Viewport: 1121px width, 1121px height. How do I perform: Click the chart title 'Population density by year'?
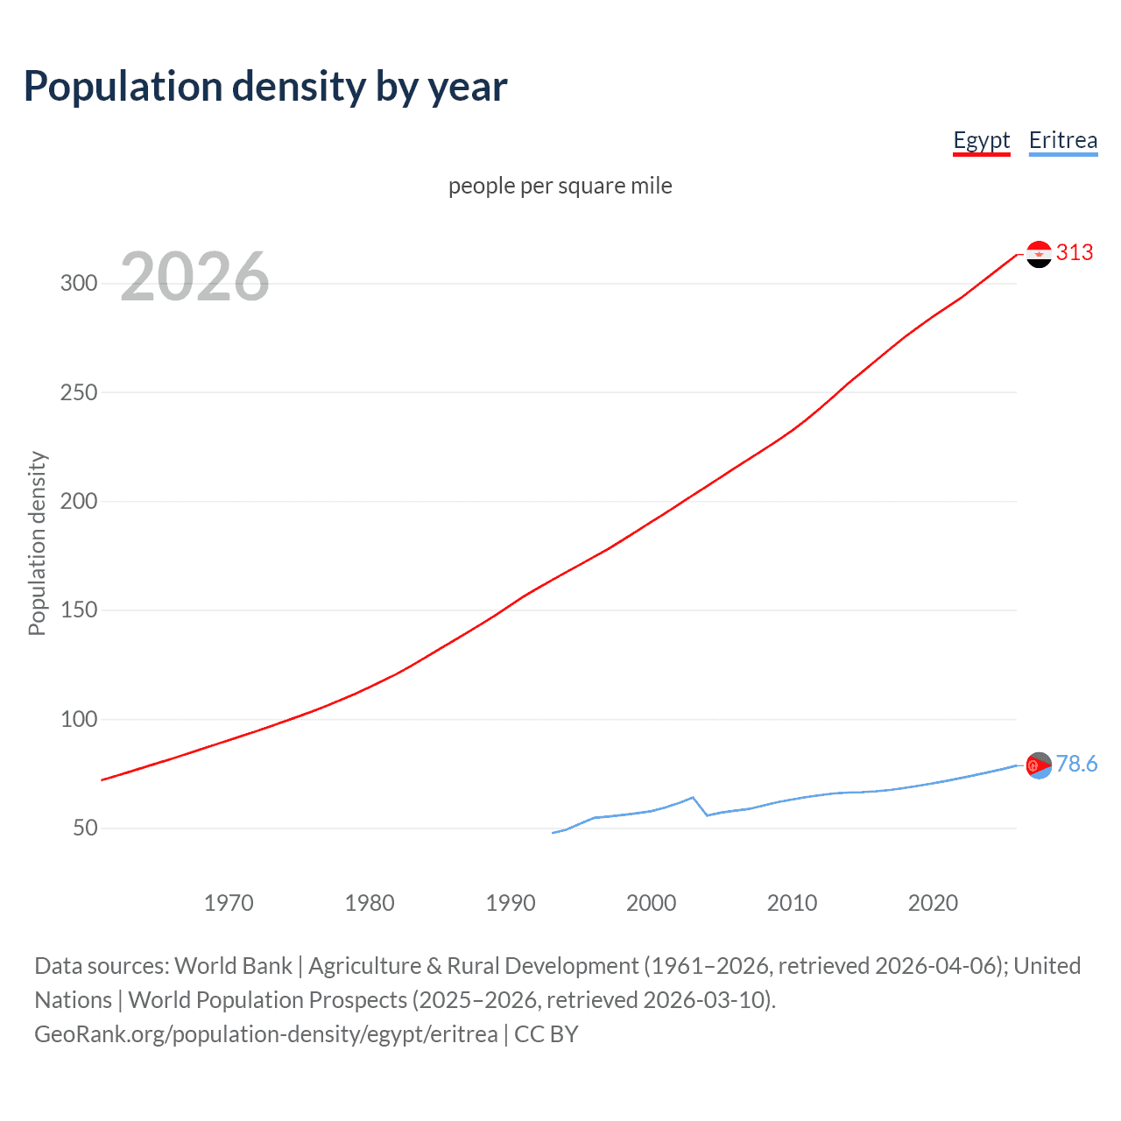click(265, 87)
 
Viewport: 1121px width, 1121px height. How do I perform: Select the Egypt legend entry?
click(981, 140)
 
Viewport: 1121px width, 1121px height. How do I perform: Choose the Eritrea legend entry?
click(1062, 140)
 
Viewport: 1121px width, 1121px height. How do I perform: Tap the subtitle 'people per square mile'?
click(560, 186)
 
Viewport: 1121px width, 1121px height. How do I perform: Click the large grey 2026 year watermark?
click(194, 277)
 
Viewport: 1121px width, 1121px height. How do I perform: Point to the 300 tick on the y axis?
click(79, 283)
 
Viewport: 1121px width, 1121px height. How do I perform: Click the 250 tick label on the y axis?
click(79, 392)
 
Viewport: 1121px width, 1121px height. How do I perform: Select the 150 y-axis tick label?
click(79, 610)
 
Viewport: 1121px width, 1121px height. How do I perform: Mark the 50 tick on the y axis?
click(85, 828)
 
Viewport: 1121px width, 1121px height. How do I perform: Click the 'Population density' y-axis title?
click(37, 543)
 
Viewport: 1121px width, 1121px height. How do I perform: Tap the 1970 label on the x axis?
click(229, 903)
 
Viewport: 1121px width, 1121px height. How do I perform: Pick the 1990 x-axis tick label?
click(510, 903)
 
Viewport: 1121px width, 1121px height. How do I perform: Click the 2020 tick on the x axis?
click(933, 903)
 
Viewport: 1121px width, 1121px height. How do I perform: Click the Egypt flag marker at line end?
click(1039, 254)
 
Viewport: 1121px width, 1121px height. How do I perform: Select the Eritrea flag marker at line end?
click(1039, 765)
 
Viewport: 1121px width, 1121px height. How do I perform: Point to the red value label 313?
click(1075, 253)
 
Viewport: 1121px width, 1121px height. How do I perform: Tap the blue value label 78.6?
click(1076, 765)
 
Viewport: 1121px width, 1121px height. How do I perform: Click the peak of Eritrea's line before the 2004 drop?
click(693, 797)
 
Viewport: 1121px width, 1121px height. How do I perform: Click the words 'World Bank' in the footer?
click(233, 966)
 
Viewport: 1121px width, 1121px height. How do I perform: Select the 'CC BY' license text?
click(546, 1034)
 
